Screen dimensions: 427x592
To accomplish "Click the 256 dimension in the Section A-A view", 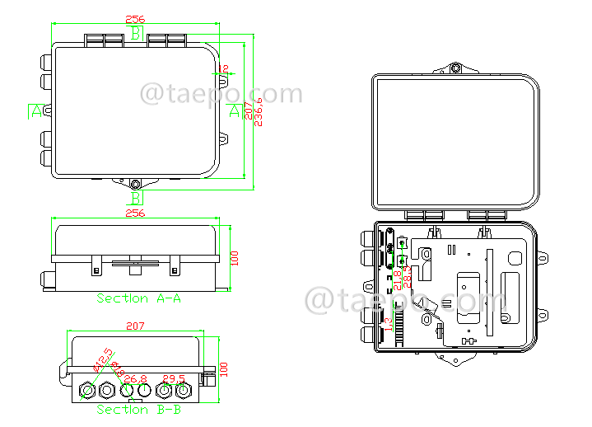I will click(x=134, y=213).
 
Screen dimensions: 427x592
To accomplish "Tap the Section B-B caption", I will click(x=138, y=409).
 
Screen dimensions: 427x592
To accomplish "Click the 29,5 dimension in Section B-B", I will click(x=173, y=379).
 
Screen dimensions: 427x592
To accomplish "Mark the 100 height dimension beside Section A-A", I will click(x=234, y=258).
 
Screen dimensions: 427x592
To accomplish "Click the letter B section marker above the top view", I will click(x=136, y=33).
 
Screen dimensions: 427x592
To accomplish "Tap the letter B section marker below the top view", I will click(x=136, y=198).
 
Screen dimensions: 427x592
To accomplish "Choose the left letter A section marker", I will click(x=36, y=111).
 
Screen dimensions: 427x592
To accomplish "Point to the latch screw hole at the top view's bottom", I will click(x=135, y=184).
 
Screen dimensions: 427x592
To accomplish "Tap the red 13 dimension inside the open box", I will click(x=389, y=323).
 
